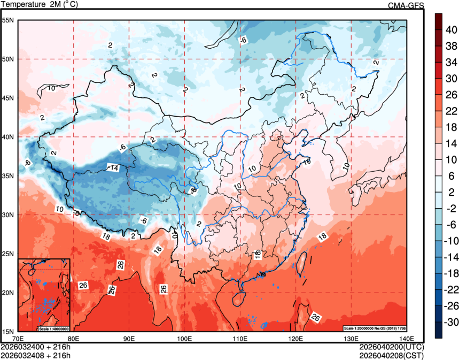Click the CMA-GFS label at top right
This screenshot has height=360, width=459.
coord(406,5)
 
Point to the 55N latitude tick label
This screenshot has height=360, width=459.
coord(8,20)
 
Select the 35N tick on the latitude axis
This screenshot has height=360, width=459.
coord(8,175)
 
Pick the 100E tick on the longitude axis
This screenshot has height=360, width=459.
coord(184,339)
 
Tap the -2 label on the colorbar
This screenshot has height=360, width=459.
coord(450,209)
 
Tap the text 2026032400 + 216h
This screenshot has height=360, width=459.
coord(36,346)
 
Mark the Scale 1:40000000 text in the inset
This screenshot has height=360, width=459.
coord(54,328)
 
